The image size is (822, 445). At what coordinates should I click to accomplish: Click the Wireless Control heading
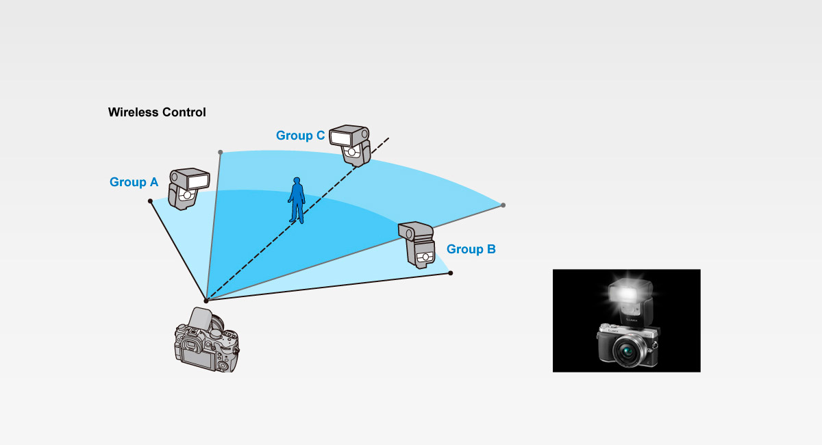(157, 112)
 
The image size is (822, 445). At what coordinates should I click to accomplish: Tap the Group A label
(134, 182)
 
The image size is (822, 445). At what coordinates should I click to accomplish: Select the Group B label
(471, 249)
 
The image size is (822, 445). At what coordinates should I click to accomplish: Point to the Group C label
(300, 136)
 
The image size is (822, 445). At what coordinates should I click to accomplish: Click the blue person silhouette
(296, 200)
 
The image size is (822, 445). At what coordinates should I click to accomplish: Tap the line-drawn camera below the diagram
(205, 339)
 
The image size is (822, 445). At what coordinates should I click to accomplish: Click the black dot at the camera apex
(206, 301)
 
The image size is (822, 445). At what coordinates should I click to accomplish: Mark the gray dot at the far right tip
(503, 205)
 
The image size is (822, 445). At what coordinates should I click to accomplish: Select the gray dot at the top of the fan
(220, 151)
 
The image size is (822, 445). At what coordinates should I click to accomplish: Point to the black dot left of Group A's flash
(151, 201)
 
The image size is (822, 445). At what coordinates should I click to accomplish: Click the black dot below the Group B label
(450, 273)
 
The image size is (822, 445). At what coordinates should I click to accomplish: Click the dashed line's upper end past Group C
(388, 138)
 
